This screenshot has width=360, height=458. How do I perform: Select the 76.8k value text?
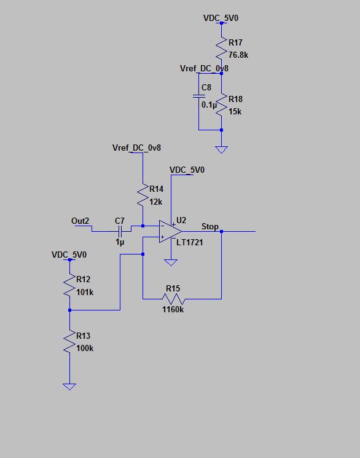click(x=238, y=55)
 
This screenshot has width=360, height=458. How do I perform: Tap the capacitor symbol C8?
click(x=199, y=96)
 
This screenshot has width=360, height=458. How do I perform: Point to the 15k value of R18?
click(x=235, y=112)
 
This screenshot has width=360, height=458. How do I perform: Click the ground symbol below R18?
click(x=221, y=149)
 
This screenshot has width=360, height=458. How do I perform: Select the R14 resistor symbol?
click(x=143, y=195)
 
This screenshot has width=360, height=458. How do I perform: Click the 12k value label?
click(x=155, y=202)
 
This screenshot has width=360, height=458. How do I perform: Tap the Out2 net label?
click(x=80, y=221)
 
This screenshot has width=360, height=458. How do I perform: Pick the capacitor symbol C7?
click(x=121, y=231)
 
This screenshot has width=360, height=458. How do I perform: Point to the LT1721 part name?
click(x=190, y=243)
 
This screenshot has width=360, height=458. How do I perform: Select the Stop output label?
click(x=209, y=227)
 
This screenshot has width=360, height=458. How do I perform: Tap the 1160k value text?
click(x=173, y=310)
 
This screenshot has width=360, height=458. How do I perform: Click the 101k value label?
click(x=85, y=292)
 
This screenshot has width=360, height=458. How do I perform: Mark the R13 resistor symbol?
click(x=70, y=341)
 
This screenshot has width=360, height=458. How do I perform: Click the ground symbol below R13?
click(x=70, y=386)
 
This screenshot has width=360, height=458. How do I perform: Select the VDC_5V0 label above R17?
click(x=221, y=18)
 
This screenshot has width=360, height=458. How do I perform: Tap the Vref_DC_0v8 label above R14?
click(x=137, y=148)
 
